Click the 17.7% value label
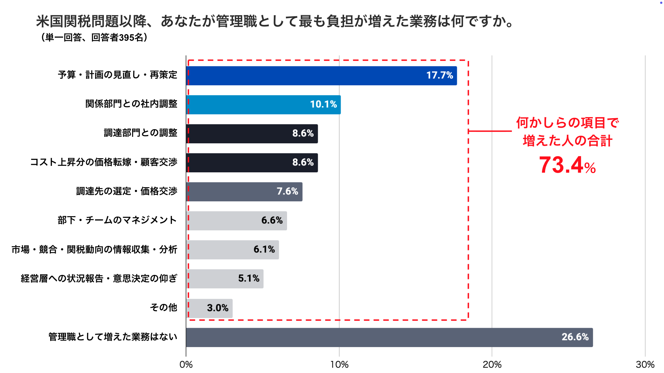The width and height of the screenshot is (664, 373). [439, 75]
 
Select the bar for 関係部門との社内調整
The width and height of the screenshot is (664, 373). [263, 105]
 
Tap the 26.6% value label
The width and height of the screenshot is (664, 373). [575, 337]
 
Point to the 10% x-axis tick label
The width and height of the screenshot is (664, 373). [339, 364]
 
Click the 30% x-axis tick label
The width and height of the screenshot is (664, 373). [645, 364]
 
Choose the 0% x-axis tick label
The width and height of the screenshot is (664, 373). [186, 364]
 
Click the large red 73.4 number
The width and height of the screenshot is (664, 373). [561, 165]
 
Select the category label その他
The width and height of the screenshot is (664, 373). [163, 307]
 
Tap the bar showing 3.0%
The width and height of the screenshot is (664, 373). [209, 308]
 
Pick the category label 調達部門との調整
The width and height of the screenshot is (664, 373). [140, 133]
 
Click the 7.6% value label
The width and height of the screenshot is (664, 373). [287, 191]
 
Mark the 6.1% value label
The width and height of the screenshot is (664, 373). [264, 249]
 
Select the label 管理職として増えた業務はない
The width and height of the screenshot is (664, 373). [113, 337]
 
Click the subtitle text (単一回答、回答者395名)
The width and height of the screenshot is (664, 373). [94, 37]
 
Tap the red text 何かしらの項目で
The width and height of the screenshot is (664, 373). [567, 123]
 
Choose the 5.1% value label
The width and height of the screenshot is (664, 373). [249, 278]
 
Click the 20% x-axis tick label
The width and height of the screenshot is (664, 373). [492, 364]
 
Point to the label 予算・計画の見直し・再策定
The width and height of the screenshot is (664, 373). [117, 75]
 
